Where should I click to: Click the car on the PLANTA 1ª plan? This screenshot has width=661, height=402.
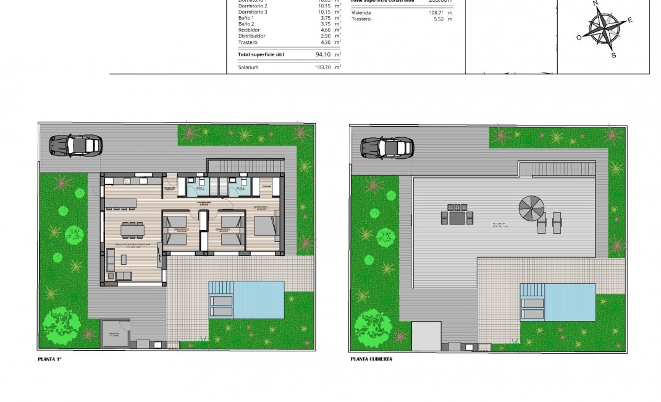tap(76, 145)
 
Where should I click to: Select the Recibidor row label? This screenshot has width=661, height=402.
tap(249, 30)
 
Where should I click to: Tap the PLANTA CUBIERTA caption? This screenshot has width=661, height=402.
tap(371, 359)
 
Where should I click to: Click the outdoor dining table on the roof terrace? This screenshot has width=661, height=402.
tap(457, 218)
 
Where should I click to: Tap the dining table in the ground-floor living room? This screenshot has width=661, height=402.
tap(133, 229)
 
